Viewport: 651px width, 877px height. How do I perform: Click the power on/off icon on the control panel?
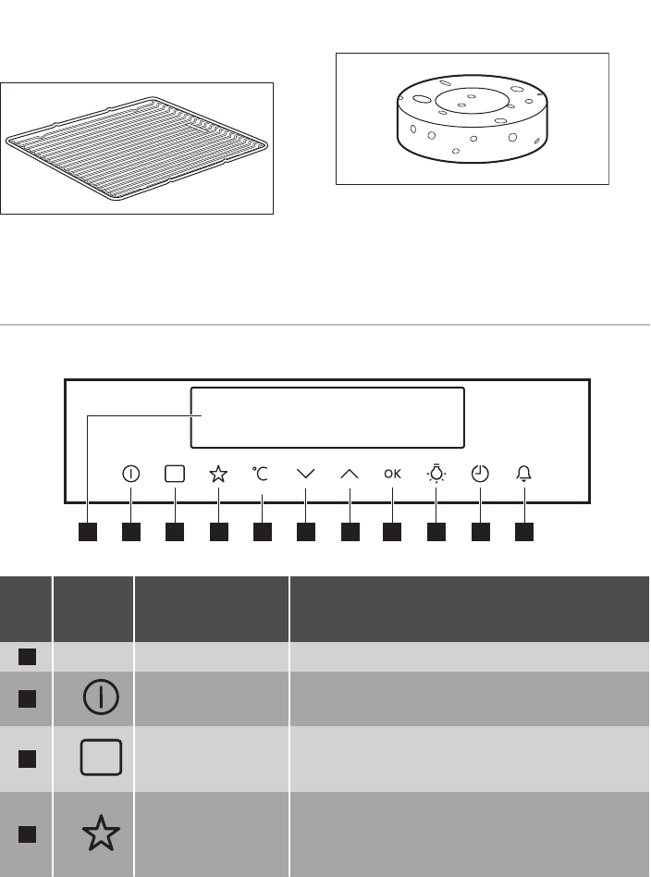pos(131,475)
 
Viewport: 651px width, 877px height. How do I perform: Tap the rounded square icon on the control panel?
pos(175,474)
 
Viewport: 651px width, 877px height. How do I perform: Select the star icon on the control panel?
pos(218,475)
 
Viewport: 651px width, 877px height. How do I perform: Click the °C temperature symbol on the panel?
pos(260,474)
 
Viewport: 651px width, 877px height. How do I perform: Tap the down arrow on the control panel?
pos(305,475)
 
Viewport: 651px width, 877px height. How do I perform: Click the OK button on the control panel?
pos(393,474)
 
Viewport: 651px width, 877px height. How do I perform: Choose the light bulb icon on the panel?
pos(436,473)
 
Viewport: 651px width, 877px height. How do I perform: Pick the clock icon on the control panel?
pos(480,474)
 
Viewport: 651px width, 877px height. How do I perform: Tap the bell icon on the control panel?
pos(524,474)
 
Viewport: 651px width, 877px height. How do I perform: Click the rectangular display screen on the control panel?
pos(327,418)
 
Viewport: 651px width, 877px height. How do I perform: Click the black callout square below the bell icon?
pos(524,532)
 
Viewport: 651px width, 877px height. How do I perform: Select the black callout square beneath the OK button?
pos(392,532)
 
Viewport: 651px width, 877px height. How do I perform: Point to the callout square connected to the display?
pos(88,532)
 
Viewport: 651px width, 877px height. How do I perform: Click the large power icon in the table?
pos(101,698)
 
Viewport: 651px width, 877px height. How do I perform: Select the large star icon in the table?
pos(101,834)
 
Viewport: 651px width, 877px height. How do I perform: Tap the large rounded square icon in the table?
pos(101,758)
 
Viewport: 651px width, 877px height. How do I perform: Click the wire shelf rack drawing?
pos(137,148)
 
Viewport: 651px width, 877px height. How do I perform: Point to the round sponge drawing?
pos(472,119)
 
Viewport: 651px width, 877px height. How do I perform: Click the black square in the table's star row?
pos(28,834)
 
